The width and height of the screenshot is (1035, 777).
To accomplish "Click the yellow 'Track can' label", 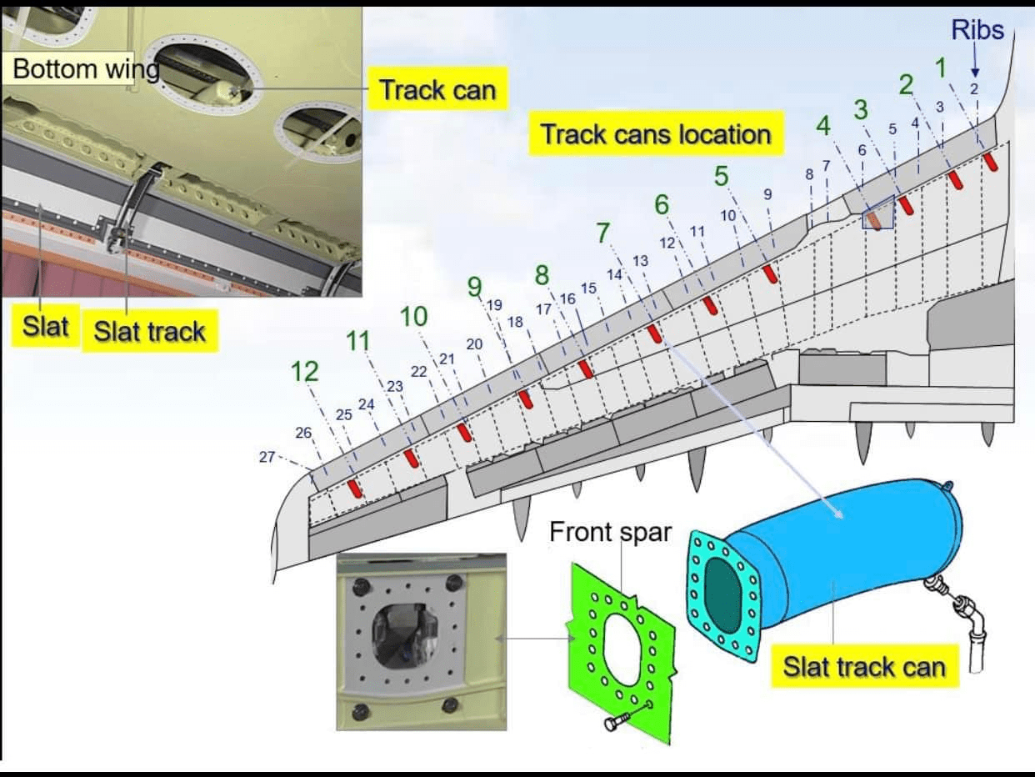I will [437, 89].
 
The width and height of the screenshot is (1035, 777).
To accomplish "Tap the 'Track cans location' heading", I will [656, 133].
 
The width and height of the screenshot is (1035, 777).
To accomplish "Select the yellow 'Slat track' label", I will [149, 331].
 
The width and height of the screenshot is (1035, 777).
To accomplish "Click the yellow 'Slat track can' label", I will [864, 667].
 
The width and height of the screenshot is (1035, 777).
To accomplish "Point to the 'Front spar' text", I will [610, 532].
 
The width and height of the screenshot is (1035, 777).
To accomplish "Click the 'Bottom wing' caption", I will [86, 68].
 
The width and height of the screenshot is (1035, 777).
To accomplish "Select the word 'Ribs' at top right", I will [977, 31].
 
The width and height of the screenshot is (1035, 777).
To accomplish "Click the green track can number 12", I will [304, 372].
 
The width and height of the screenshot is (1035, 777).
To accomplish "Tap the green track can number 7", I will [602, 233].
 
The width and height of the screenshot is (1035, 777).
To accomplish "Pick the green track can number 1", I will [941, 67].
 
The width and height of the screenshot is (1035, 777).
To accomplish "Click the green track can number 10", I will [413, 317].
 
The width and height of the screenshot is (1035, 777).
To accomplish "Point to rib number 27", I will [267, 456].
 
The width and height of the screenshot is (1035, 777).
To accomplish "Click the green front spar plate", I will [621, 642].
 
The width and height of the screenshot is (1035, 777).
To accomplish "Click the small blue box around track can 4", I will [877, 213].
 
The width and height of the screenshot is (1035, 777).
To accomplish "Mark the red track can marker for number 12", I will [356, 488].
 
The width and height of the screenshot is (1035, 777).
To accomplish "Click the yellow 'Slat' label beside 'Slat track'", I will [45, 325].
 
